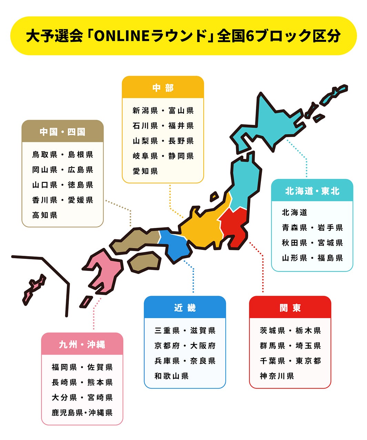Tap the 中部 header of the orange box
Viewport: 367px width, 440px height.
pos(163,88)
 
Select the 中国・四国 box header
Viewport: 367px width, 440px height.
pos(62,132)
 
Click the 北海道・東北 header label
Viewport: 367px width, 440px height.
pos(312,191)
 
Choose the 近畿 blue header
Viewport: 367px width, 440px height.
pos(185,307)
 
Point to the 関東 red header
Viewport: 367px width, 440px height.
pos(290,307)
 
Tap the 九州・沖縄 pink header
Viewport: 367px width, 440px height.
pos(82,344)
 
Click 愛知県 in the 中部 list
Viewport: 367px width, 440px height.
pos(145,171)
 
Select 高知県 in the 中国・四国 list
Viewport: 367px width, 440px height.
pos(45,215)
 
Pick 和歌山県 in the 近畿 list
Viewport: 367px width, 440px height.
pos(172,376)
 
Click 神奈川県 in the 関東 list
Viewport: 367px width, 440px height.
pos(277,376)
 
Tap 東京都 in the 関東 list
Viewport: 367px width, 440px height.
pos(308,361)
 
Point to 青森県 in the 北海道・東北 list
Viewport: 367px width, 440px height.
pos(294,228)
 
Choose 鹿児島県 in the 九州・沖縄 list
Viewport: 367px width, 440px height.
pos(67,412)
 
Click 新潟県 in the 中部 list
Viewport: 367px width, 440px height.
pos(145,111)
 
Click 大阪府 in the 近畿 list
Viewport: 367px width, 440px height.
pos(203,346)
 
